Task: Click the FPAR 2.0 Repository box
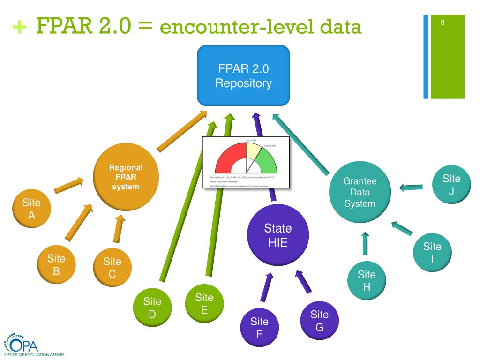243,75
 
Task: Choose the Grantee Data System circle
360,192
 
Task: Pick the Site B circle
56,264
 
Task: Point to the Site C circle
112,268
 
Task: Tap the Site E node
204,303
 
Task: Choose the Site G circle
319,321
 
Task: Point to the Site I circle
432,252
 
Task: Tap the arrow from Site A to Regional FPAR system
69,185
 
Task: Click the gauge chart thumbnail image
246,162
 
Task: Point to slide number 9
443,23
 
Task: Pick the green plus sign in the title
20,28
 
